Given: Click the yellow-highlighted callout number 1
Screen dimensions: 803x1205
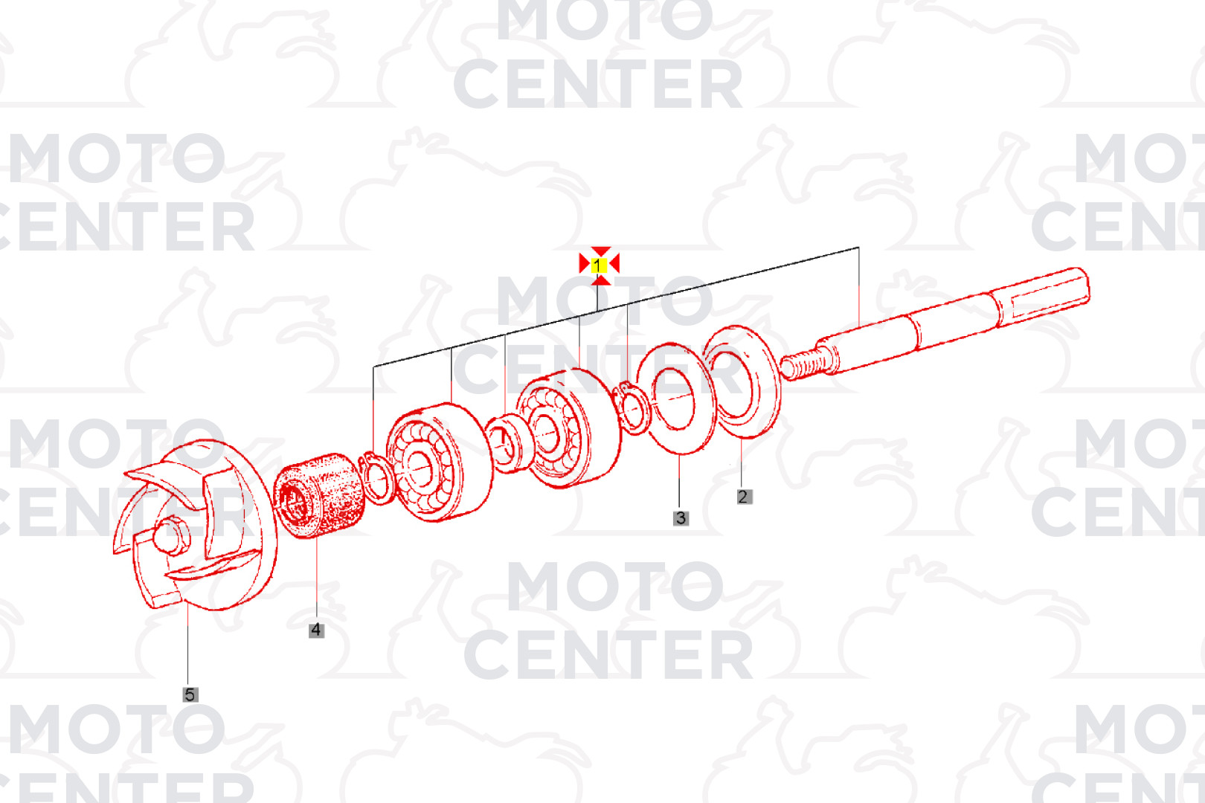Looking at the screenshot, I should coord(598,265).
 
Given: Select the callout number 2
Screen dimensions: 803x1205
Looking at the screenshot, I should coord(744,497).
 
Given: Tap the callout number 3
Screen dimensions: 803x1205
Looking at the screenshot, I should coord(681,518).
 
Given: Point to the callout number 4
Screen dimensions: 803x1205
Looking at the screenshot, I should coord(316,631).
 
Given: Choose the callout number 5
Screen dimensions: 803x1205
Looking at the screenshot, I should coord(190,694).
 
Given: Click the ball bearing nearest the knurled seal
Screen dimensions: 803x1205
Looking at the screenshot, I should coord(439,462).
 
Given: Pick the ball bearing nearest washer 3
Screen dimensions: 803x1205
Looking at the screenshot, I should coord(569,428).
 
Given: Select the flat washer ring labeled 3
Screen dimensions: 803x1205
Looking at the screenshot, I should coord(676,399).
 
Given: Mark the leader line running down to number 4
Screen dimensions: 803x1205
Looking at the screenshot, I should coord(316,580).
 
